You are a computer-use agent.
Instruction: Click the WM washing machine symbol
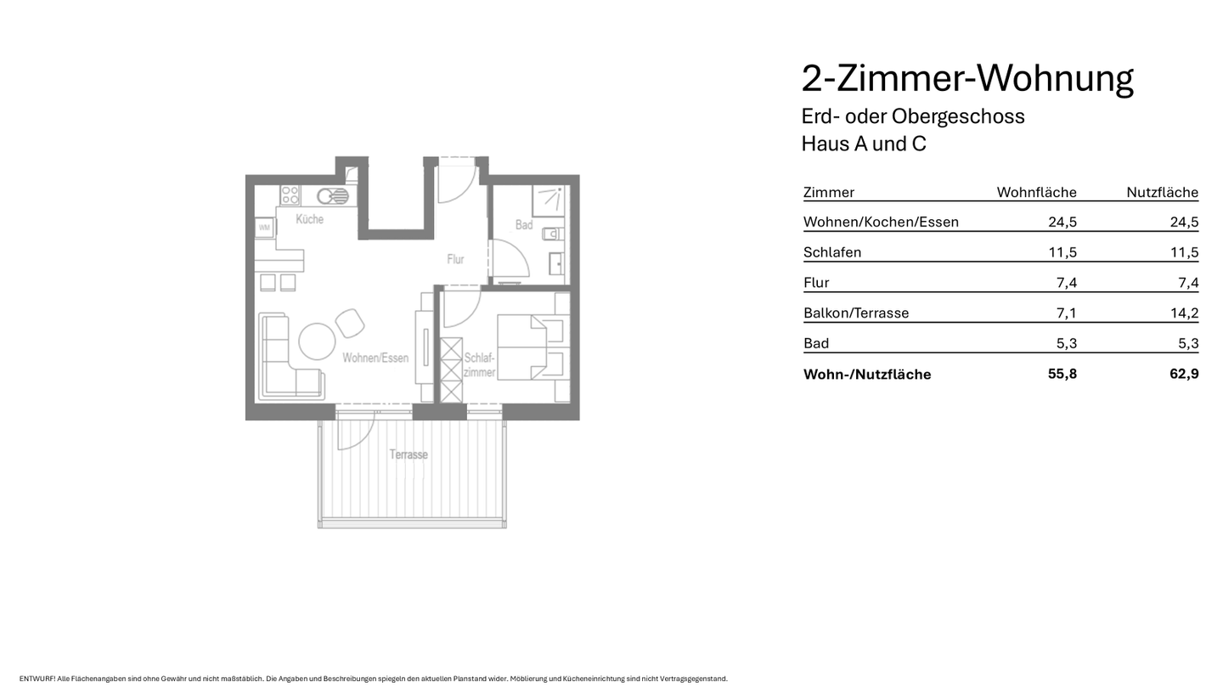[264, 228]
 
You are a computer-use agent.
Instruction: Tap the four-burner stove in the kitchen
[290, 195]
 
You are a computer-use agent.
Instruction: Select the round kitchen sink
[332, 196]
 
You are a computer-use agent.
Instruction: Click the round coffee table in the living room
[317, 342]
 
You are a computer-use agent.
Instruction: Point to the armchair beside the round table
[350, 323]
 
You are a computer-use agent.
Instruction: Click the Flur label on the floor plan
[455, 259]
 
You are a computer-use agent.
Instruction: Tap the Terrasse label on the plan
[409, 454]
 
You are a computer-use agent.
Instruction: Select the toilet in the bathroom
[552, 233]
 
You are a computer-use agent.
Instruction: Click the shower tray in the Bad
[549, 200]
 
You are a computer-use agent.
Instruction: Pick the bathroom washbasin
[556, 263]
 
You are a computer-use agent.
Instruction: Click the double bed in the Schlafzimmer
[532, 347]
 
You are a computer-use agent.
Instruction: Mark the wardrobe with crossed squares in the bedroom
[451, 369]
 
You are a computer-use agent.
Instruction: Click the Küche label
[309, 219]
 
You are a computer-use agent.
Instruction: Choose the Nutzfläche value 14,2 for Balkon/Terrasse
[1184, 313]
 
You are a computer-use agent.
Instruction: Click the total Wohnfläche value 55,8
[1062, 374]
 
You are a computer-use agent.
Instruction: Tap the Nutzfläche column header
[1162, 192]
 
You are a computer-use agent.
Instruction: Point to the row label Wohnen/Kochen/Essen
[881, 222]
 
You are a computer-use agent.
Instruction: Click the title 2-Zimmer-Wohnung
[967, 78]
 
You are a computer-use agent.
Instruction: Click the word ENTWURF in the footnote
[37, 679]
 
